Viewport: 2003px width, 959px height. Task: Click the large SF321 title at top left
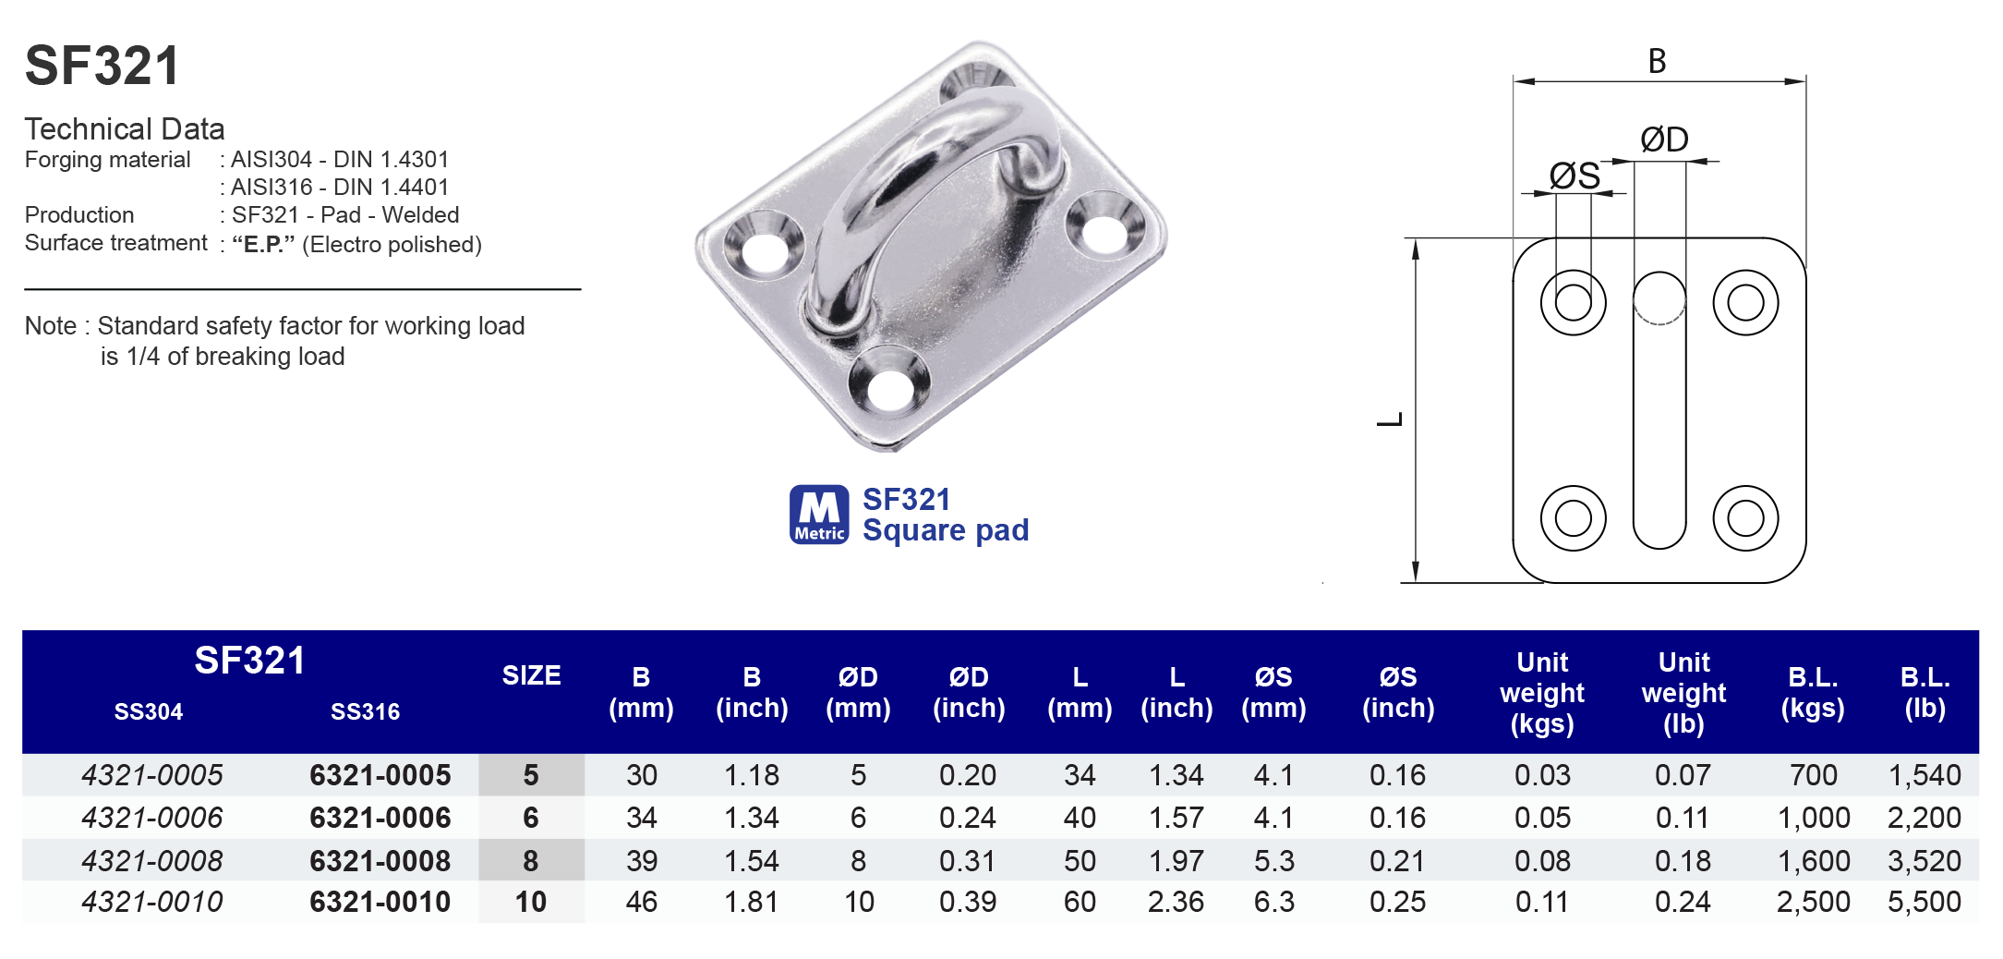pyautogui.click(x=102, y=67)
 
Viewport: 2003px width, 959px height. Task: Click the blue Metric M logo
pyautogui.click(x=818, y=514)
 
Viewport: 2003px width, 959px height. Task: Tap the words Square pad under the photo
pyautogui.click(x=945, y=530)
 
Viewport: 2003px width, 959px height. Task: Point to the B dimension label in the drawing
pyautogui.click(x=1657, y=62)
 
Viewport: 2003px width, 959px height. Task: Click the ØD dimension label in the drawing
pyautogui.click(x=1663, y=140)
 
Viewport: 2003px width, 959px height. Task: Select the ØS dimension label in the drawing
pyautogui.click(x=1574, y=176)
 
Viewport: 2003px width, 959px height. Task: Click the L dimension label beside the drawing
pyautogui.click(x=1391, y=419)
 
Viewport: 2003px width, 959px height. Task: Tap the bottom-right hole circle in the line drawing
pyautogui.click(x=1744, y=517)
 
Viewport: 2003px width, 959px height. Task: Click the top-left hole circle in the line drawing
pyautogui.click(x=1573, y=302)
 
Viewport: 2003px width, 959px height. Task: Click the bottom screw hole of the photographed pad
pyautogui.click(x=888, y=387)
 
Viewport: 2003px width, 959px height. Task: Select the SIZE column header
pyautogui.click(x=531, y=675)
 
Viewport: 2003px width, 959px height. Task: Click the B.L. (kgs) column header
pyautogui.click(x=1812, y=692)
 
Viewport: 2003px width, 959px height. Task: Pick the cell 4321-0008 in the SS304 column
pyautogui.click(x=152, y=860)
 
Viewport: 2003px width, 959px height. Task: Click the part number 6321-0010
pyautogui.click(x=380, y=902)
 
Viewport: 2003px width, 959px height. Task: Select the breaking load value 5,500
pyautogui.click(x=1924, y=902)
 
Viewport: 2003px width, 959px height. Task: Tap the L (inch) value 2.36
pyautogui.click(x=1176, y=902)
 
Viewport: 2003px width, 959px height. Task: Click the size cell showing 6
pyautogui.click(x=531, y=818)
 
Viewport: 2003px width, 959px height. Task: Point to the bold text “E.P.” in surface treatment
pyautogui.click(x=263, y=245)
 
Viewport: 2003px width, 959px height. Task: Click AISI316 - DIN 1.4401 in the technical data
pyautogui.click(x=339, y=188)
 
